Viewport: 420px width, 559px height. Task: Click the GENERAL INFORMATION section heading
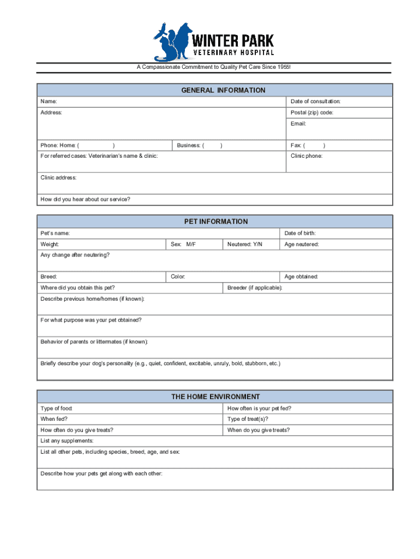coord(223,91)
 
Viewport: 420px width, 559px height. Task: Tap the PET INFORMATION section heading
coord(215,222)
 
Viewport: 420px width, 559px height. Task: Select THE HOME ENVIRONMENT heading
coord(215,397)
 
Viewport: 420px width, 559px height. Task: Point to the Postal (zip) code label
coord(311,112)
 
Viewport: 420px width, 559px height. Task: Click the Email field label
coord(298,123)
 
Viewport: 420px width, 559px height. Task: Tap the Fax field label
coord(297,145)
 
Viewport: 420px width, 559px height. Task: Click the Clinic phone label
coord(306,156)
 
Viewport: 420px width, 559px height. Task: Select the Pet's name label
coord(55,233)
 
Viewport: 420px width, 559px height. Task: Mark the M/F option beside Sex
coord(191,244)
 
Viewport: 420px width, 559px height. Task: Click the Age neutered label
coord(301,244)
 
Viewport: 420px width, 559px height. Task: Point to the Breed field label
coord(49,277)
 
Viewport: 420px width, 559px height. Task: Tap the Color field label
coord(178,277)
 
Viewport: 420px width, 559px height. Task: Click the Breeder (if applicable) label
coord(255,288)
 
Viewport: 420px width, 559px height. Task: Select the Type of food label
coord(56,408)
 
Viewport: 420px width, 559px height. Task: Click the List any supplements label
coord(67,441)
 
